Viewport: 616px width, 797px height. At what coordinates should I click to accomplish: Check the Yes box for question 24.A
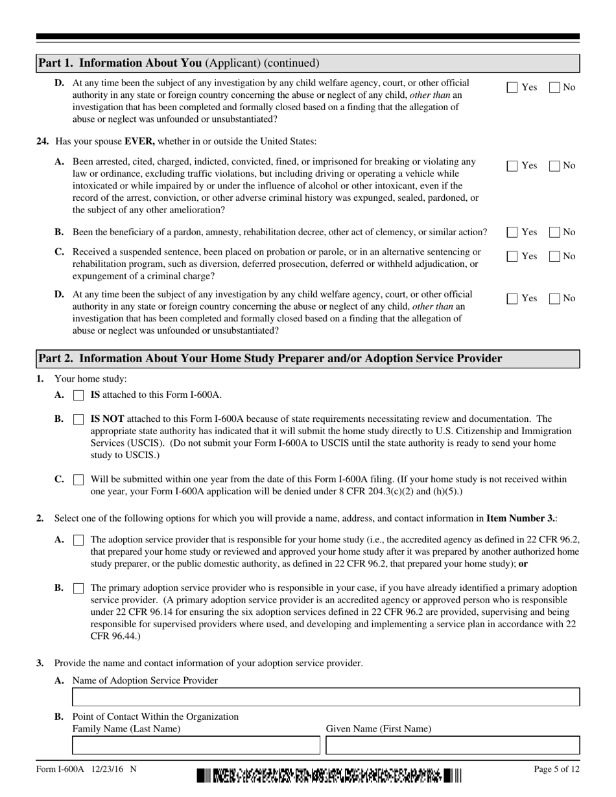(512, 166)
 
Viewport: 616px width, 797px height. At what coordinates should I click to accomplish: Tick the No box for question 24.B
(555, 233)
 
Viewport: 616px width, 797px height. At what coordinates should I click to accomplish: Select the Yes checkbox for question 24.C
(512, 257)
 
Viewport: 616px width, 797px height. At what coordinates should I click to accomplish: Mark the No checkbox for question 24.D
(555, 299)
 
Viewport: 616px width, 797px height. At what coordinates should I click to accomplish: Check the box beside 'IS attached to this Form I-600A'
(78, 395)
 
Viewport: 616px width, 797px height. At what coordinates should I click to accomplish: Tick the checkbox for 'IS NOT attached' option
(78, 419)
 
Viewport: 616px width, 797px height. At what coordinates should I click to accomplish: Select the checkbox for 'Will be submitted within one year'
(78, 480)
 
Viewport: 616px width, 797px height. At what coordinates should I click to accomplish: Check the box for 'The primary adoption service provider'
(78, 588)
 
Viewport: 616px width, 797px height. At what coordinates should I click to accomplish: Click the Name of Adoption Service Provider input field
(326, 697)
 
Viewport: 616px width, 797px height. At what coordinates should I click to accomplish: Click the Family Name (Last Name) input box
(196, 746)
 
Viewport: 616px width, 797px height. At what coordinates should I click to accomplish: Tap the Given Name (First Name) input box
(453, 746)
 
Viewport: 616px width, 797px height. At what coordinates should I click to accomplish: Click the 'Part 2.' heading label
(55, 358)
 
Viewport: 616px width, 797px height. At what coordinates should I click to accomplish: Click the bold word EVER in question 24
(139, 141)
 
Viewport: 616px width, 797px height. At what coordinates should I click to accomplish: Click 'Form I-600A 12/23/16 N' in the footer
(86, 770)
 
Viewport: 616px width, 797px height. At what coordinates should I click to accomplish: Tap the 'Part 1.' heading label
(55, 63)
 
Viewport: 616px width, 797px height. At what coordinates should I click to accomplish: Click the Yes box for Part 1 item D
(512, 87)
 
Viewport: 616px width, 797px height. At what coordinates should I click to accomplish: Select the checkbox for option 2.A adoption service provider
(78, 540)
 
